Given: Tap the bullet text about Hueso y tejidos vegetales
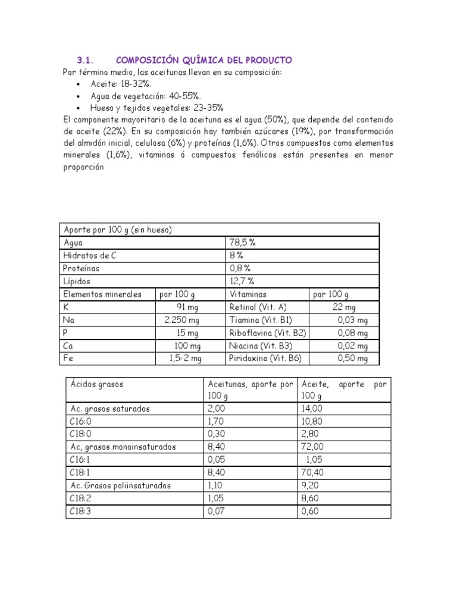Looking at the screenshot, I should [x=156, y=108].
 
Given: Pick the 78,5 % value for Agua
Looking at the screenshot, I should [x=242, y=243].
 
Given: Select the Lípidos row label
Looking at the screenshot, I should [x=77, y=281].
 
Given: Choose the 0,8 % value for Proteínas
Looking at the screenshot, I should [x=240, y=268].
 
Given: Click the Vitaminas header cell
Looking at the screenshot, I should [x=248, y=294].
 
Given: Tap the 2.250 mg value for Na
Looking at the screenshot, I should [x=183, y=319].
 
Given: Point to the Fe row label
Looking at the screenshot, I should [x=67, y=358].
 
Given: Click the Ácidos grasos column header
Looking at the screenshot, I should [x=96, y=384].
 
